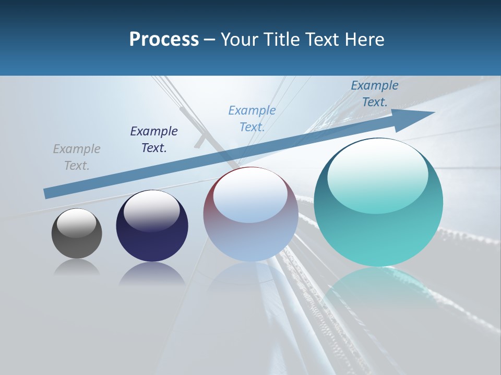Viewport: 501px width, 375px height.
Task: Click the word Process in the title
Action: (164, 40)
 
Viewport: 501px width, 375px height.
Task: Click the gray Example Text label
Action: (77, 157)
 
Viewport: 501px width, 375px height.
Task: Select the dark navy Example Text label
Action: (154, 140)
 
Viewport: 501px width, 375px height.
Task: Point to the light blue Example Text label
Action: (252, 118)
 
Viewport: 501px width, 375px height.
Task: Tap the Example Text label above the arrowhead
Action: (375, 94)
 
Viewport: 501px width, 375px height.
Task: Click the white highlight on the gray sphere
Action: (76, 223)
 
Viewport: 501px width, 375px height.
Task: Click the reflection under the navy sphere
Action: (152, 273)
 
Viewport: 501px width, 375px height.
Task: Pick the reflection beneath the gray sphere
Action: (77, 268)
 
